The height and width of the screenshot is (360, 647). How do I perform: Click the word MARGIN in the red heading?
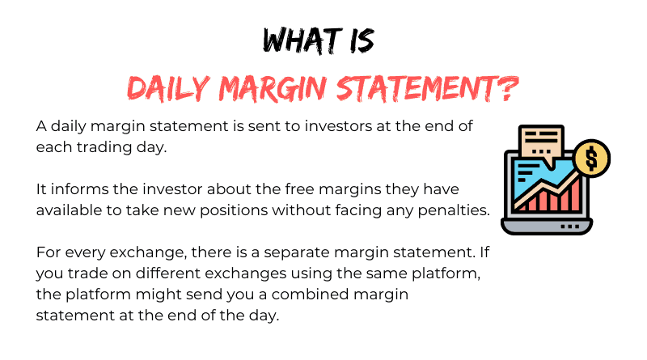pos(273,88)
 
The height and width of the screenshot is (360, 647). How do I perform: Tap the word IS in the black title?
pos(362,40)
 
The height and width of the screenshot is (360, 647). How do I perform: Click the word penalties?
pos(454,210)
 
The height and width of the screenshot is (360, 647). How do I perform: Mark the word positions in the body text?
pos(234,210)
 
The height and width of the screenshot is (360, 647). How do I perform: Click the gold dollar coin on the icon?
pos(592,159)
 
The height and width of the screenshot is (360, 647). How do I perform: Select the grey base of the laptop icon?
pos(547,227)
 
